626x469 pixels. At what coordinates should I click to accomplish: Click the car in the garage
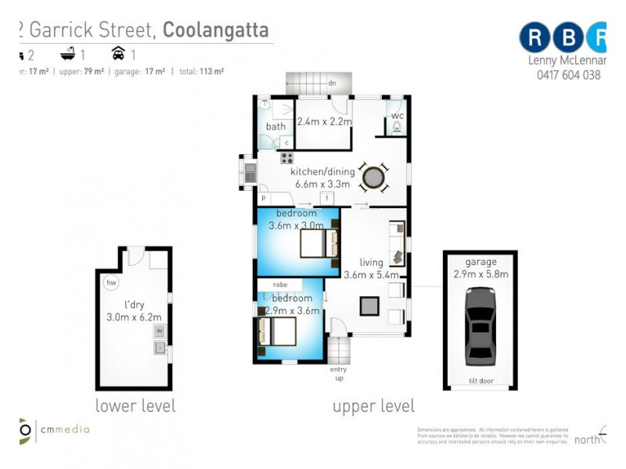pyautogui.click(x=480, y=326)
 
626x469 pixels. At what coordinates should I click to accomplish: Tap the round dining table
pyautogui.click(x=374, y=177)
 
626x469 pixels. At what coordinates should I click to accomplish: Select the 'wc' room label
pyautogui.click(x=398, y=118)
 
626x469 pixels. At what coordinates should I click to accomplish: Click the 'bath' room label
pyautogui.click(x=275, y=127)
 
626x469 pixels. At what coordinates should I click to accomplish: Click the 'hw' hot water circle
pyautogui.click(x=112, y=283)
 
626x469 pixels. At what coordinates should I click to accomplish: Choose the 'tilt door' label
pyautogui.click(x=480, y=383)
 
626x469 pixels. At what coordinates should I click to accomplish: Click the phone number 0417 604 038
pyautogui.click(x=569, y=75)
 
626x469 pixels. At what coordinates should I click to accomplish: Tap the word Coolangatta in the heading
pyautogui.click(x=215, y=30)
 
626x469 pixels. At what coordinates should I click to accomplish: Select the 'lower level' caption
pyautogui.click(x=135, y=406)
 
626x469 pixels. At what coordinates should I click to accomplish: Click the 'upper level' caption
pyautogui.click(x=373, y=406)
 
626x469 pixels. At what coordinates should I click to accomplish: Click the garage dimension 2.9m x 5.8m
pyautogui.click(x=480, y=274)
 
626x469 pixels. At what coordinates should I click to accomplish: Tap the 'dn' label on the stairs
pyautogui.click(x=333, y=83)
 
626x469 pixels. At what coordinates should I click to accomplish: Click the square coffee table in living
pyautogui.click(x=369, y=306)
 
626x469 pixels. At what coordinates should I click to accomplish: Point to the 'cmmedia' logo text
pyautogui.click(x=66, y=429)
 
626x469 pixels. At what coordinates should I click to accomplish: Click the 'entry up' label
pyautogui.click(x=339, y=373)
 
